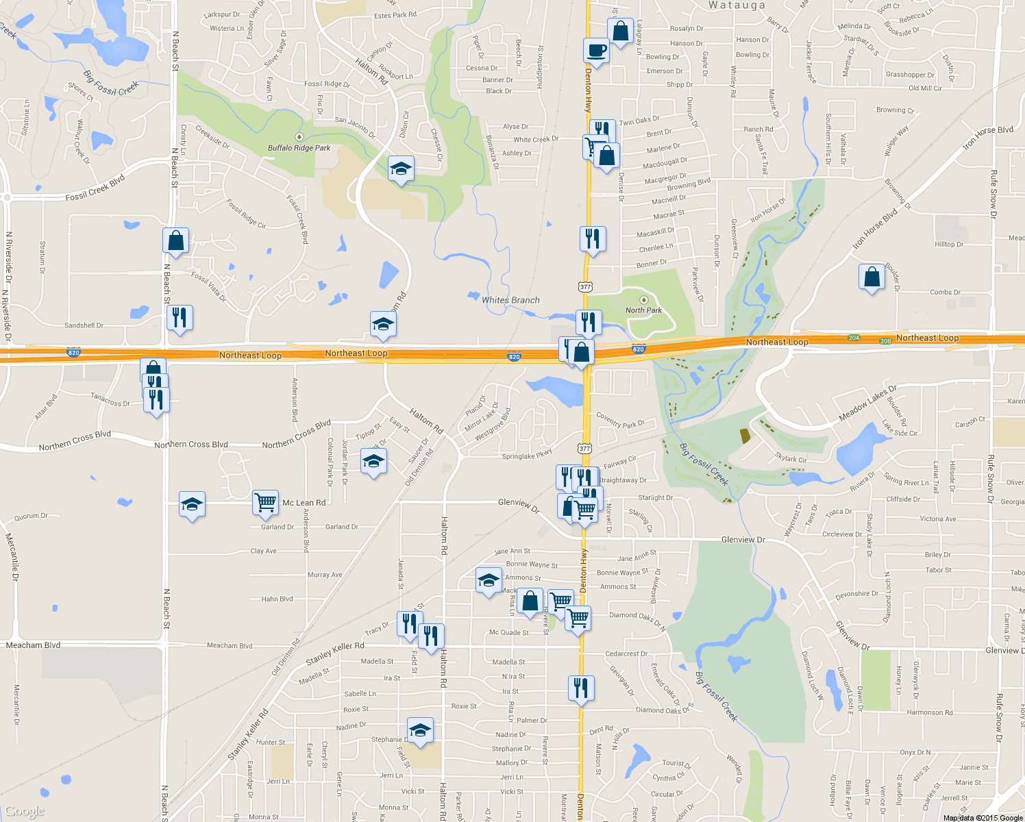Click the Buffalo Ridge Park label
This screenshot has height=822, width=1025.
pyautogui.click(x=299, y=148)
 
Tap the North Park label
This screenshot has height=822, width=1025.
pyautogui.click(x=643, y=310)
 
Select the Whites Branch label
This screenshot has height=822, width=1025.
pyautogui.click(x=510, y=300)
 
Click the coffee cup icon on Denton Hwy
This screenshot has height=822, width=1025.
pyautogui.click(x=595, y=51)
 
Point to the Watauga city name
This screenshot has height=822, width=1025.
pyautogui.click(x=737, y=5)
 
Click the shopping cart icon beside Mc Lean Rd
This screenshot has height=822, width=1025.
pyautogui.click(x=265, y=501)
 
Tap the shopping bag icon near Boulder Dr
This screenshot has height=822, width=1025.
pyautogui.click(x=872, y=277)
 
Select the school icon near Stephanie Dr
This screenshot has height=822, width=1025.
pyautogui.click(x=420, y=730)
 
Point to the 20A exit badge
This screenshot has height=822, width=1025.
pyautogui.click(x=854, y=338)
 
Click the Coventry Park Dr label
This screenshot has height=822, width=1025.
pyautogui.click(x=620, y=420)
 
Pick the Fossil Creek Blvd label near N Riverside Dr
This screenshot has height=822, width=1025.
pyautogui.click(x=95, y=188)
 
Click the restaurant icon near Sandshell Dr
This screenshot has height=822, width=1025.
pyautogui.click(x=180, y=318)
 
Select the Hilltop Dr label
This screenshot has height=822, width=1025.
pyautogui.click(x=949, y=244)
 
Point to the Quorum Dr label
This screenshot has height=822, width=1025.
pyautogui.click(x=31, y=516)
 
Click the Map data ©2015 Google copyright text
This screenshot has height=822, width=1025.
pyautogui.click(x=983, y=818)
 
